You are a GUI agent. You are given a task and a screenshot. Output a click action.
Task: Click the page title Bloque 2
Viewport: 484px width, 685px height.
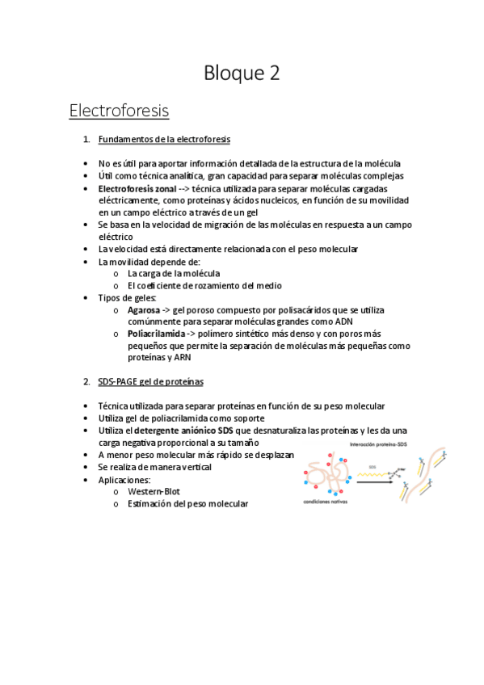[x=242, y=74]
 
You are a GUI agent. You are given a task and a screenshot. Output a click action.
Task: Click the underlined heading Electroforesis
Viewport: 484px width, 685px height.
[x=119, y=109]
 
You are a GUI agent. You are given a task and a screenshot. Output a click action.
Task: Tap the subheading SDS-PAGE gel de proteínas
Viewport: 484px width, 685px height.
[x=150, y=381]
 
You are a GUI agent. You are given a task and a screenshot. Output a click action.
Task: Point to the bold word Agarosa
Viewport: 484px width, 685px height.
[x=144, y=309]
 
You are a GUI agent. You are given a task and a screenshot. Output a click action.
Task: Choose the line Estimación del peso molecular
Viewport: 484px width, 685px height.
[x=187, y=503]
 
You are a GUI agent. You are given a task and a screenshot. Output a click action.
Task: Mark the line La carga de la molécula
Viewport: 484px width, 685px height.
[x=173, y=273]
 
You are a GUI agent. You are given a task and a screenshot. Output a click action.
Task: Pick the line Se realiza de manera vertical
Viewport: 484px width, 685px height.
[x=154, y=467]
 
